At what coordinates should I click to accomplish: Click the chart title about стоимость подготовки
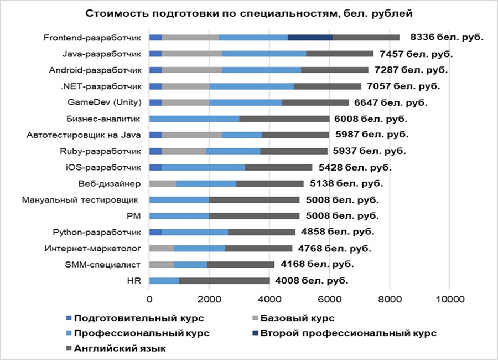pos(248,13)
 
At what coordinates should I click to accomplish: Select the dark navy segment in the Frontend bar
pos(310,38)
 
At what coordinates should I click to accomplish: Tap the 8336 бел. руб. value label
pos(447,37)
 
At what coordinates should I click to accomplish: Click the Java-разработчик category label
pos(102,54)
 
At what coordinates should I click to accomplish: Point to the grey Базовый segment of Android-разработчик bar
pos(192,70)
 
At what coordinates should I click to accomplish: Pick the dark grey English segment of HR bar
pos(224,281)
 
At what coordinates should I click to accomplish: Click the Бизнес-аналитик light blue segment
pos(194,119)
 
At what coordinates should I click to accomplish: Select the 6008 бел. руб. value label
pos(371,119)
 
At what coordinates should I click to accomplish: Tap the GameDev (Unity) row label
pos(105,102)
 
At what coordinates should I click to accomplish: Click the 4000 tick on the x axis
pos(269,299)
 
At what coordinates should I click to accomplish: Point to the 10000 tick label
pos(450,299)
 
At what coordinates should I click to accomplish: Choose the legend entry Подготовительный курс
pos(135,318)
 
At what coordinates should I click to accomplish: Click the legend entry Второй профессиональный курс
pos(344,333)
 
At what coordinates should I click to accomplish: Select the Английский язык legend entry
pos(116,348)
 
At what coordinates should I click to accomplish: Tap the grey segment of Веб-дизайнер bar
pos(163,183)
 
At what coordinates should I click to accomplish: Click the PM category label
pos(133,216)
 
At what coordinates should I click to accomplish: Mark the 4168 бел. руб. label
pos(317,264)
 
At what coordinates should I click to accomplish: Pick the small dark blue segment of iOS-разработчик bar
pos(155,167)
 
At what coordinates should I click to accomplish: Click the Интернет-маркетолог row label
pos(93,248)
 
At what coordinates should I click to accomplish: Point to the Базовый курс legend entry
pos(293,318)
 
